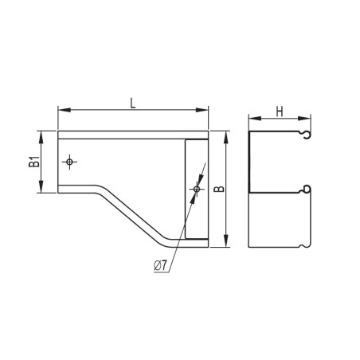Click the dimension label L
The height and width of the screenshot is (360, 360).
(x=133, y=103)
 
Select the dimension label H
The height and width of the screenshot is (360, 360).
(x=280, y=112)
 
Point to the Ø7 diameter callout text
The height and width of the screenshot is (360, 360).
(x=160, y=265)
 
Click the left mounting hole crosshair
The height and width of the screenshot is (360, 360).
(x=70, y=162)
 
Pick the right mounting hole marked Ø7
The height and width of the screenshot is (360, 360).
(x=196, y=189)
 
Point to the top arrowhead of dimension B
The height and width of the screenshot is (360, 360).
(x=228, y=135)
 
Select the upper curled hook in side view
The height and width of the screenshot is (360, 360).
(x=305, y=135)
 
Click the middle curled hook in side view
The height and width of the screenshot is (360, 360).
(x=305, y=190)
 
